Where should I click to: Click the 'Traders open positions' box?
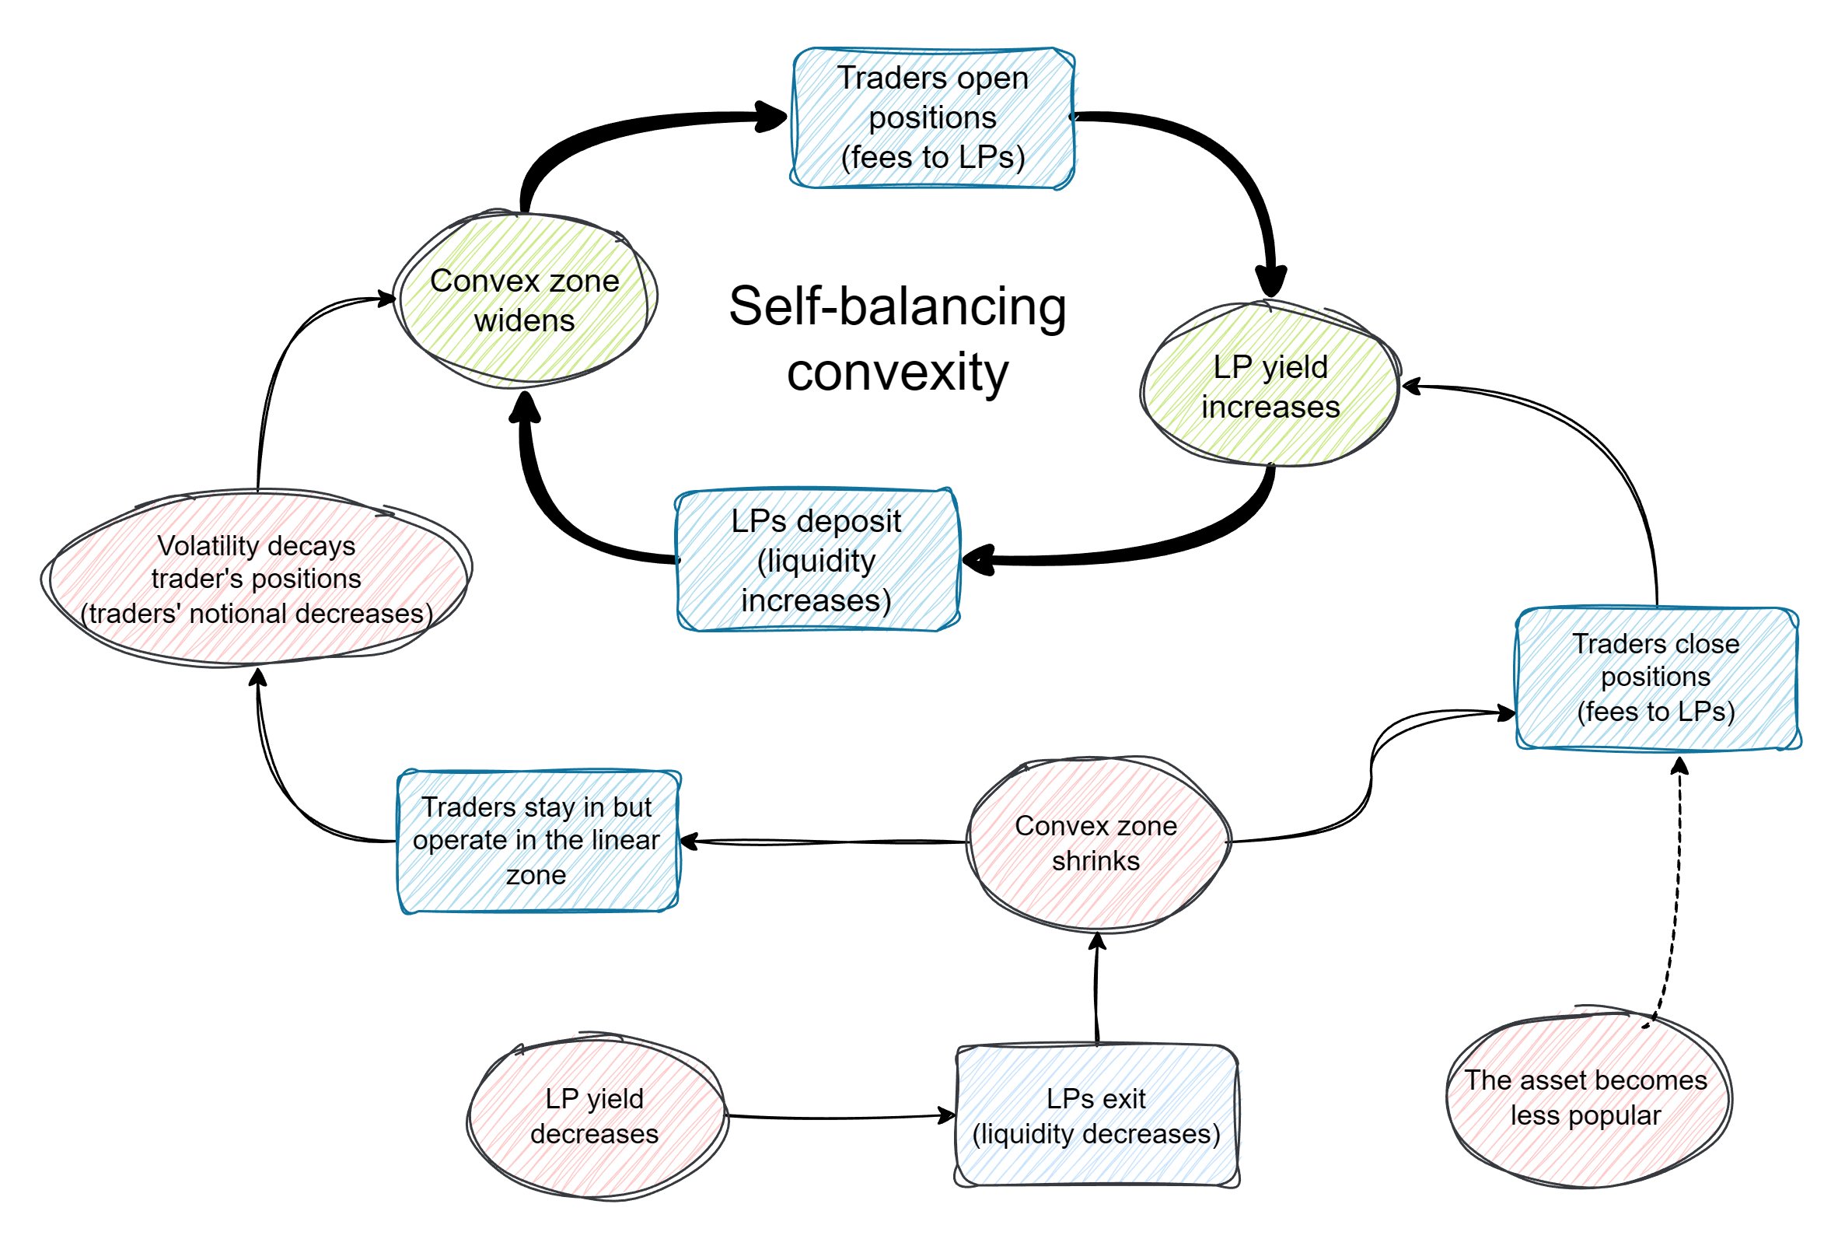(932, 117)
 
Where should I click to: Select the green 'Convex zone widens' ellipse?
(524, 300)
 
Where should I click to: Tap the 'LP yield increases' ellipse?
(1270, 386)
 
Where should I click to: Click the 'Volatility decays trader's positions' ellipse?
(256, 578)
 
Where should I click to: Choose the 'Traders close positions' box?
(1656, 677)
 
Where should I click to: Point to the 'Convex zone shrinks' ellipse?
(1095, 842)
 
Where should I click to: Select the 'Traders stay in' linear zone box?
(536, 840)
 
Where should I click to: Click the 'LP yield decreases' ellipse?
(595, 1116)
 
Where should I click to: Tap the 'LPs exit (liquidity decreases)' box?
(1095, 1116)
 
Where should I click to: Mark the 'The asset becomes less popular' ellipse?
(1585, 1097)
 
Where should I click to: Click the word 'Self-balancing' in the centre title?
(897, 306)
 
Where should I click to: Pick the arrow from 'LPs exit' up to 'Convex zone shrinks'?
(1096, 989)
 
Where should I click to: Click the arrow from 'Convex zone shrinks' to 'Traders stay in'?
(826, 842)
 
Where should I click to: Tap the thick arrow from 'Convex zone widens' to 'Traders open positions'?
(603, 135)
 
